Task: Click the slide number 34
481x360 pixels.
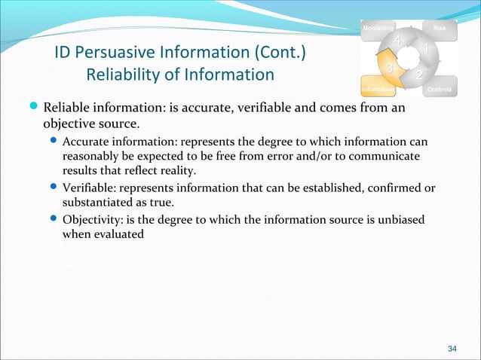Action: (452, 348)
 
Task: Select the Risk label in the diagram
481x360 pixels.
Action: (439, 29)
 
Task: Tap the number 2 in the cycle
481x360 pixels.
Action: (419, 77)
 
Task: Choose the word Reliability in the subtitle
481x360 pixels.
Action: (120, 75)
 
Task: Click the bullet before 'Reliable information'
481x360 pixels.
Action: (35, 107)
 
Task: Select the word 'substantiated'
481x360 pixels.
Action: (95, 202)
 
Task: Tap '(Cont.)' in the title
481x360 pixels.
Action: (277, 53)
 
